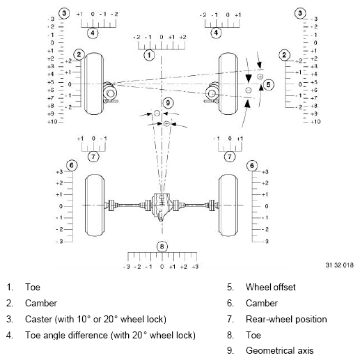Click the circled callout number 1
pyautogui.click(x=148, y=54)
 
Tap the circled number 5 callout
pyautogui.click(x=269, y=84)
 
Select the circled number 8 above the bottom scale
pyautogui.click(x=162, y=246)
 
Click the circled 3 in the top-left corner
pyautogui.click(x=64, y=13)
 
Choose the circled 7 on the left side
pyautogui.click(x=93, y=157)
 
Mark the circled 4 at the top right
pyautogui.click(x=216, y=32)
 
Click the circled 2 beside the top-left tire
pyautogui.click(x=79, y=54)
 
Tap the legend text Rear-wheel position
pyautogui.click(x=285, y=319)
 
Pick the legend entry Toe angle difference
pyautogui.click(x=110, y=336)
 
